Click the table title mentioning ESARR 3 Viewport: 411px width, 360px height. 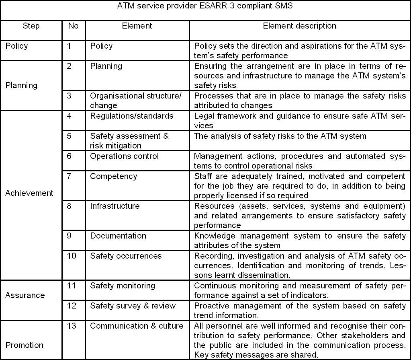205,6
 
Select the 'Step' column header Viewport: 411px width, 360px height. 31,26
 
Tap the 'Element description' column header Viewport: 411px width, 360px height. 299,26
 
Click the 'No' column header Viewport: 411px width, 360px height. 73,26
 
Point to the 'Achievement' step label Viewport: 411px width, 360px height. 29,193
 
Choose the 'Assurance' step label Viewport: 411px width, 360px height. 25,295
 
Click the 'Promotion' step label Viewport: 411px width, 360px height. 24,345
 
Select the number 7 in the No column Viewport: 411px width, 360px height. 69,176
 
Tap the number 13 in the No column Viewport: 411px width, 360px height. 72,326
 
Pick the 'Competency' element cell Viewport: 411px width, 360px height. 113,176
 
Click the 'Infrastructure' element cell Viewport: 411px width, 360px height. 115,206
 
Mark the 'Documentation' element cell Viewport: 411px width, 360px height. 118,236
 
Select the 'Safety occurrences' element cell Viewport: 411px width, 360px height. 126,256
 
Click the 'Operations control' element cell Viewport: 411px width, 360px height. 124,156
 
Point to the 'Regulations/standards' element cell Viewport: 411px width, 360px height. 131,116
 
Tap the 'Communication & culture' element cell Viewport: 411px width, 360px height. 137,326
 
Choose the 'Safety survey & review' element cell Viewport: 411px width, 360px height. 133,306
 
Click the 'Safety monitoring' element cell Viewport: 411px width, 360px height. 122,286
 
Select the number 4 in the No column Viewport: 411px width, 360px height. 69,116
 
